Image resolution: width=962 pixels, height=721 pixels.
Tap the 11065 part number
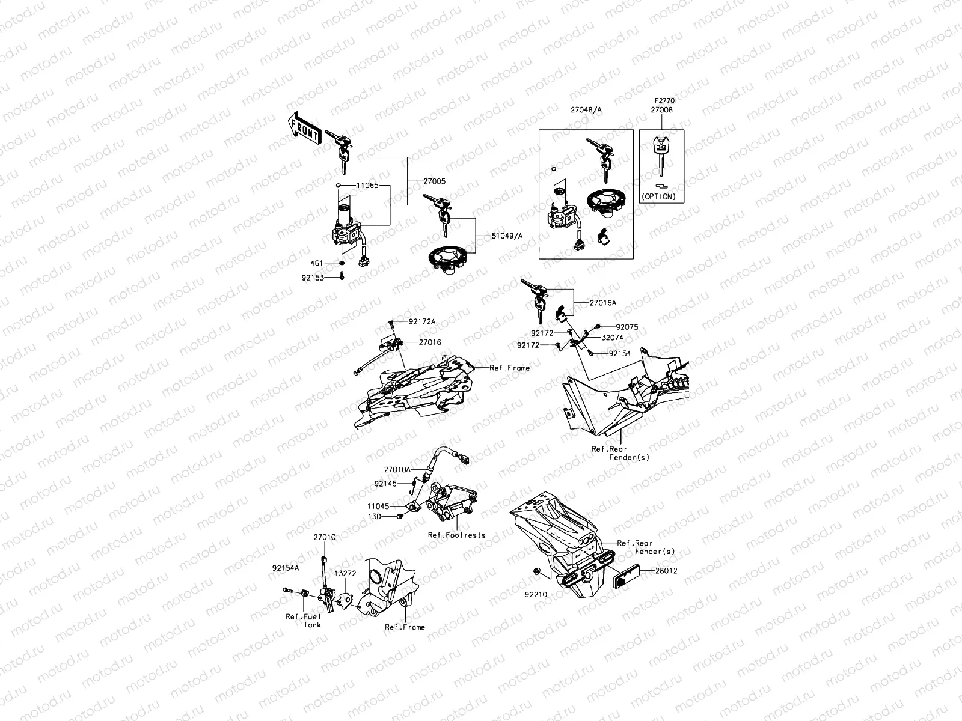point(367,186)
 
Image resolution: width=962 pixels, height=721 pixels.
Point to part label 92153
point(313,278)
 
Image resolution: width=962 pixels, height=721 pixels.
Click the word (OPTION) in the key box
point(658,196)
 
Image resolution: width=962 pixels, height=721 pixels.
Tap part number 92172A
point(422,322)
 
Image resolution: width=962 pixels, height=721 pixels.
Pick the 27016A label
point(602,303)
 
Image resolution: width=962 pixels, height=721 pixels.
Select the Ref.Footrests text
point(456,535)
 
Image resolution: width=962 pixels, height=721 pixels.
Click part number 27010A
point(397,469)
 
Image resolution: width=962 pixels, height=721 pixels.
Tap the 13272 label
point(346,573)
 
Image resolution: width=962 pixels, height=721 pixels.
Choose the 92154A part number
point(284,567)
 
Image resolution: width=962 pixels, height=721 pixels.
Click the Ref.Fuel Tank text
point(304,621)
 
